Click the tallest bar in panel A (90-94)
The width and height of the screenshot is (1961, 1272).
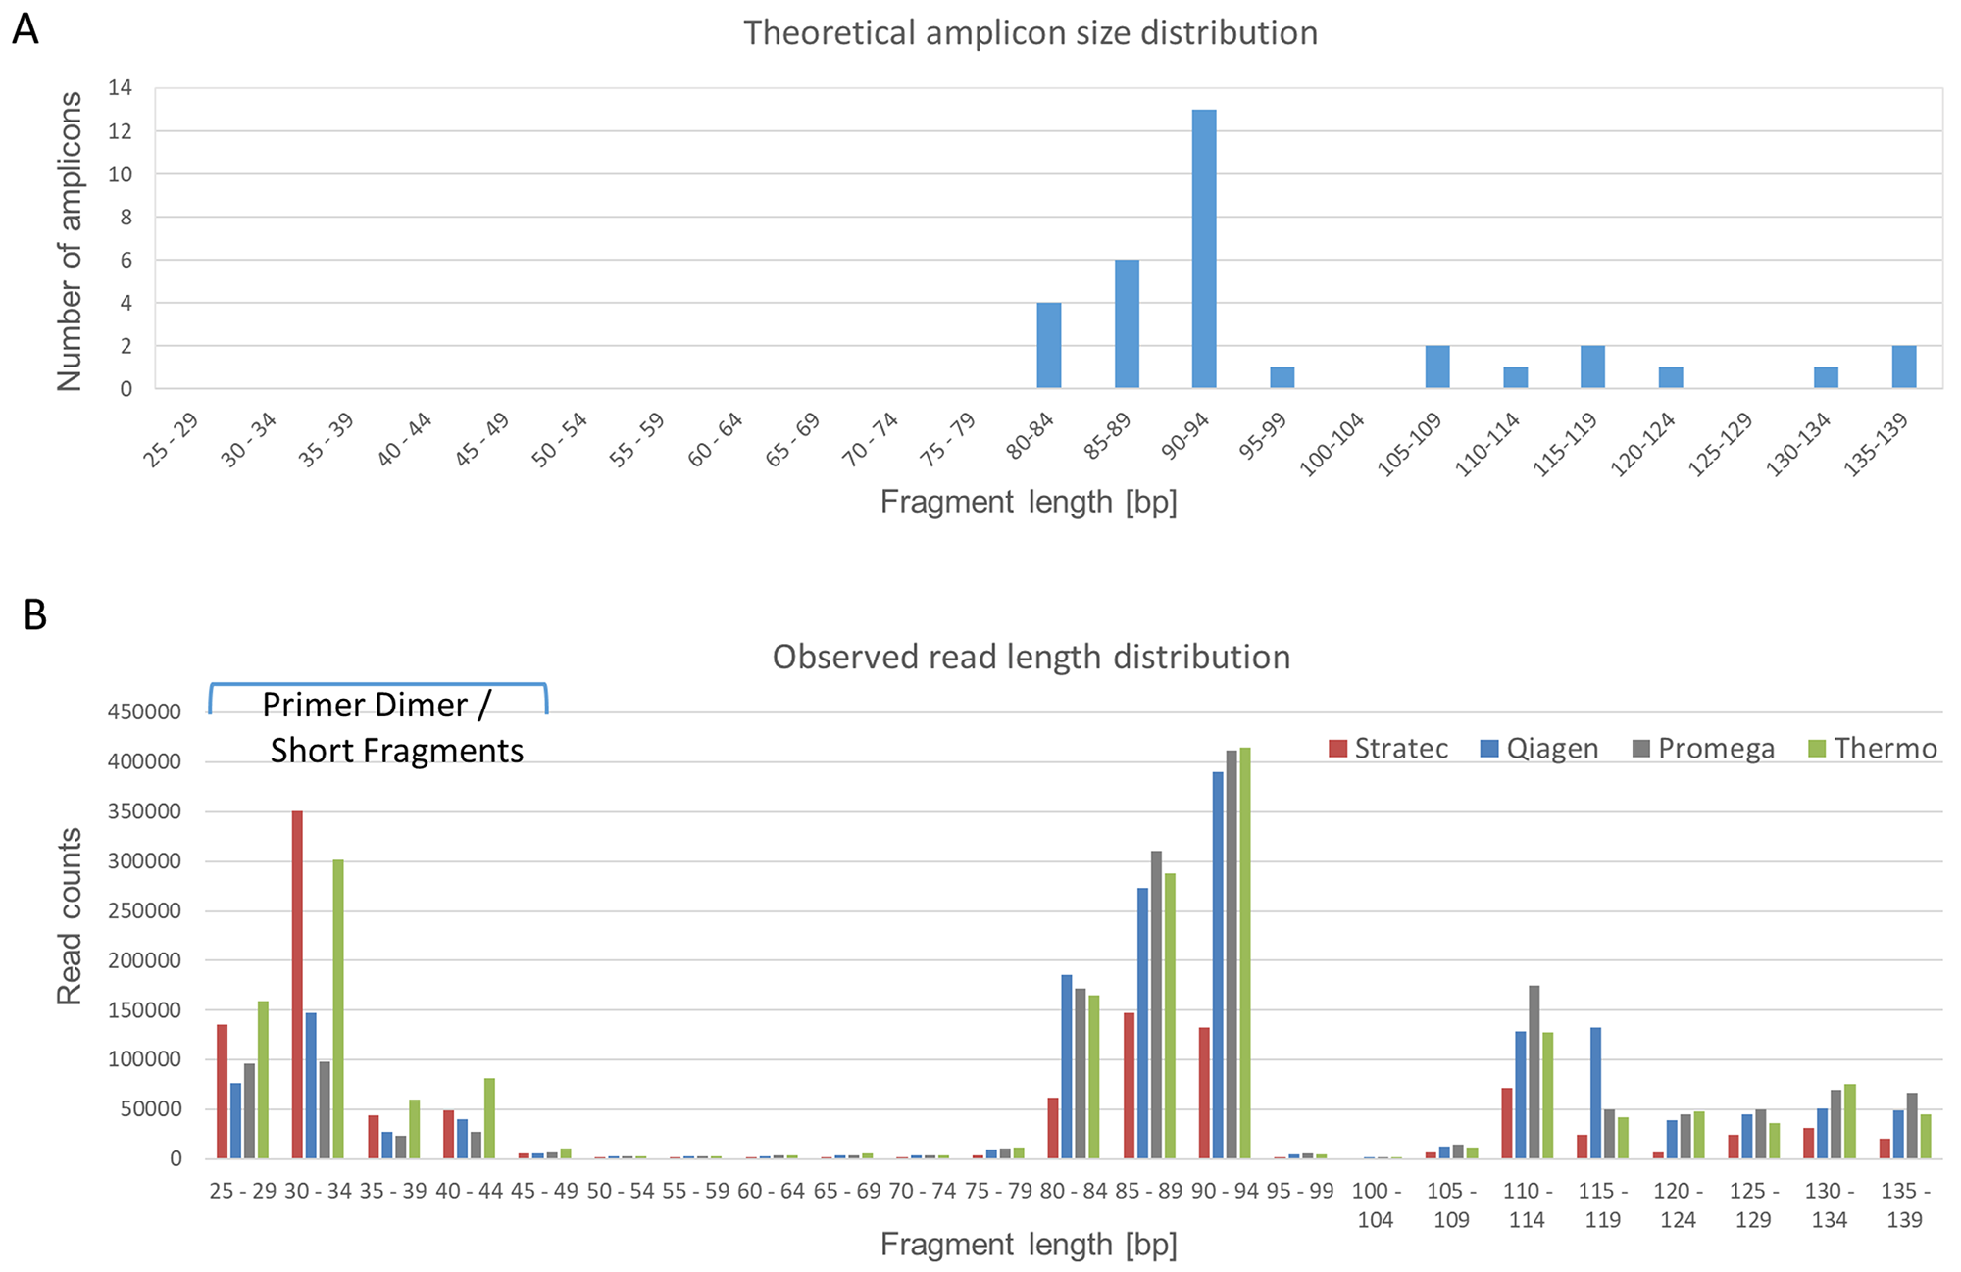(1204, 250)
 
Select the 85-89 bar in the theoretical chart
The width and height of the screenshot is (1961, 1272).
(1127, 324)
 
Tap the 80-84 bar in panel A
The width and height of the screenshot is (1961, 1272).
(1049, 346)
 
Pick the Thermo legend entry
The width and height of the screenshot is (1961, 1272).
(1872, 749)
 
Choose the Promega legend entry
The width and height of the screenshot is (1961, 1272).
(1703, 749)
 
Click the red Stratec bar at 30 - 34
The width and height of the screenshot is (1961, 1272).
(297, 985)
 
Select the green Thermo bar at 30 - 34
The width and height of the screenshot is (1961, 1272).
(338, 1009)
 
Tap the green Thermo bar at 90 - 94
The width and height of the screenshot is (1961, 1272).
(1244, 954)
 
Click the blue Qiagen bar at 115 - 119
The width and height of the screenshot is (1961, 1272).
(1595, 1093)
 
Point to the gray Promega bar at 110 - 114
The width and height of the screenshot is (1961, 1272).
(1534, 1072)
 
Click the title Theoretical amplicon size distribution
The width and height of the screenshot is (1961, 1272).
(1030, 32)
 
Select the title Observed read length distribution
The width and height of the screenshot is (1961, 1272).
(1031, 657)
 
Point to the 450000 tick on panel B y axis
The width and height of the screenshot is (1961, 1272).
(144, 711)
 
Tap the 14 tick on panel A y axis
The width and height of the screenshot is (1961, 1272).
(120, 88)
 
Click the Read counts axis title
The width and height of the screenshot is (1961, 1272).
(70, 916)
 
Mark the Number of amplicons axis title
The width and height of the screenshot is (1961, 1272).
(70, 241)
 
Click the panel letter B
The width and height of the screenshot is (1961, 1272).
(34, 615)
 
